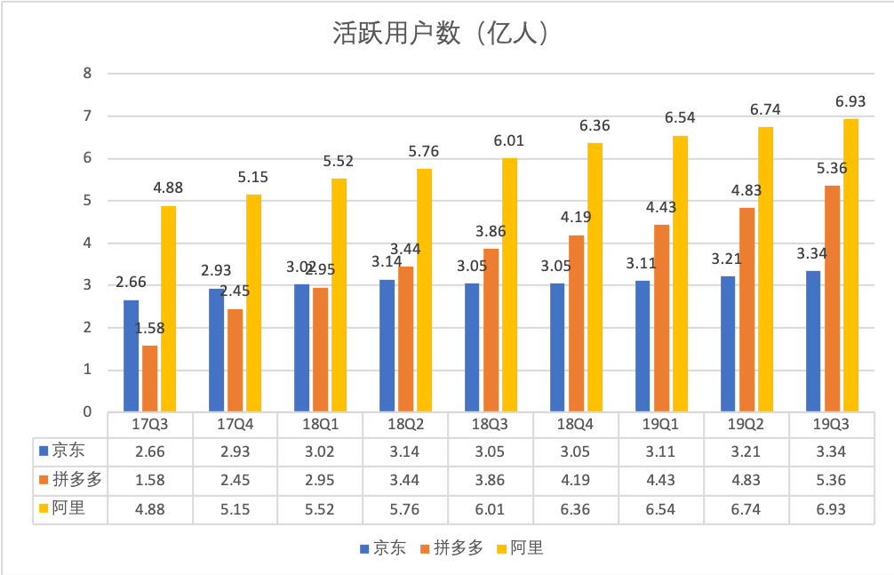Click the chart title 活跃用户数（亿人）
tap(441, 33)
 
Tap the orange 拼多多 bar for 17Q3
tap(149, 379)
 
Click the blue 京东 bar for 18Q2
tap(387, 346)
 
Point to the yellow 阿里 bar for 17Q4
tap(253, 303)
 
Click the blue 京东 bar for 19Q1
tap(643, 347)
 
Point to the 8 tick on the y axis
tap(87, 74)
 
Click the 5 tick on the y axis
tap(87, 201)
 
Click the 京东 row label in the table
tap(70, 451)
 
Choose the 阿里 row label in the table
tap(70, 509)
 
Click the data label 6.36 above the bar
tap(595, 126)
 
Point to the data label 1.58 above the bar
tap(149, 329)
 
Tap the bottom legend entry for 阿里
tap(523, 548)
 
